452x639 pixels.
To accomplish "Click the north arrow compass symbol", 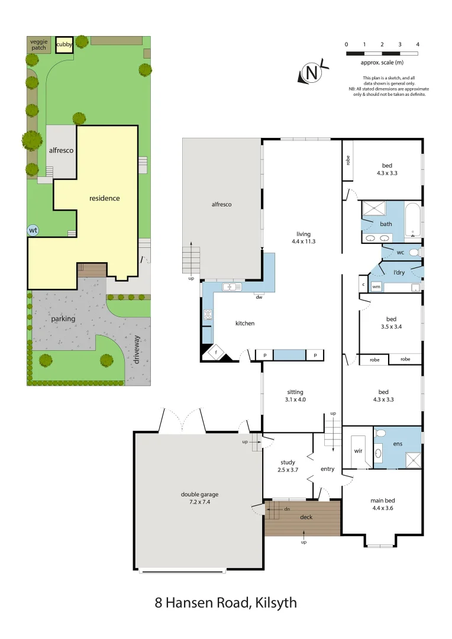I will tap(311, 72).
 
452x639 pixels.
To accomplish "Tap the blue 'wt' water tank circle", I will tap(33, 230).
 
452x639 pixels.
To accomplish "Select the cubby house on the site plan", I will tap(64, 45).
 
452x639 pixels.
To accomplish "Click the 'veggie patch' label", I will tap(38, 44).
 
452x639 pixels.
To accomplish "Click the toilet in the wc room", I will tap(414, 252).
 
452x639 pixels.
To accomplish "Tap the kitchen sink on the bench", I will tap(229, 287).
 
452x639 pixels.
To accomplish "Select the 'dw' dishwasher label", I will tap(259, 297).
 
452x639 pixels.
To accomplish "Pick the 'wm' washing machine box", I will tap(376, 287).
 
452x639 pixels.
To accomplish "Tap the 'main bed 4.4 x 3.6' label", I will tap(383, 504).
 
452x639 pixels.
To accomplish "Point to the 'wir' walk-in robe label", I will tap(358, 450).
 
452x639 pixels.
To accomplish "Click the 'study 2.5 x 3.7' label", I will tap(288, 466).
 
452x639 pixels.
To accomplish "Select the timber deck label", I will tap(306, 517).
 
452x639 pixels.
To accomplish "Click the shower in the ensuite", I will tap(412, 460).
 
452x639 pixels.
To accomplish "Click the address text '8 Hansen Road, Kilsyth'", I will tap(225, 603).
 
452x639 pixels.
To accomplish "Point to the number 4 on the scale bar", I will tap(418, 44).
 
